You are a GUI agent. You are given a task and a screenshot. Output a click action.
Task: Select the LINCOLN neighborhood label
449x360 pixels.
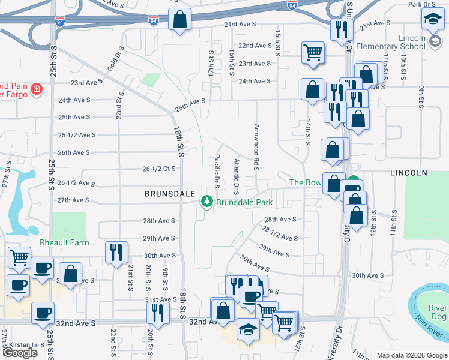click(408, 173)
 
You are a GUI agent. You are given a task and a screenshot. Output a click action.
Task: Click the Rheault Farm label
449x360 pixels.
click(64, 242)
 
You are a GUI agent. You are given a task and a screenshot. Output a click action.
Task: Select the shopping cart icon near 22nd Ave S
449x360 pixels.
click(313, 52)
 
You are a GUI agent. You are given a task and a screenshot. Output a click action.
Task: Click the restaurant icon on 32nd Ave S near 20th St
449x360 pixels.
click(158, 313)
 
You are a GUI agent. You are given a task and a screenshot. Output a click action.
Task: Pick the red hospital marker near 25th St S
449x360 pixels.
click(36, 90)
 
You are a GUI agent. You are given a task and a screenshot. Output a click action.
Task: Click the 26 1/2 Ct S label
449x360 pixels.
click(158, 169)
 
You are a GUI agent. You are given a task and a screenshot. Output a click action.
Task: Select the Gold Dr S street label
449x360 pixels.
click(116, 58)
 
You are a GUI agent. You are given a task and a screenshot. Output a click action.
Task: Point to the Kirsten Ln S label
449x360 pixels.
click(31, 345)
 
